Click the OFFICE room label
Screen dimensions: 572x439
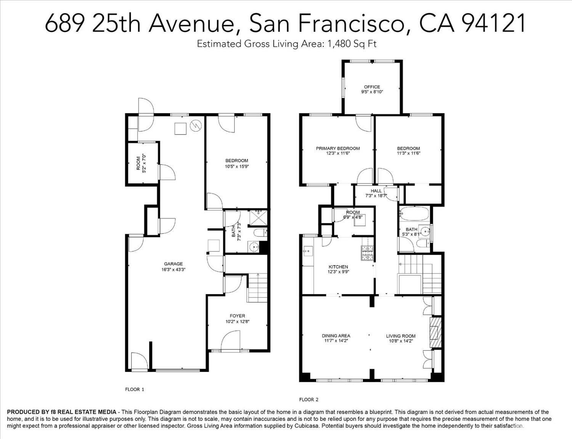point(372,87)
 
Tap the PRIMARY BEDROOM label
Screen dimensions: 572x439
point(338,148)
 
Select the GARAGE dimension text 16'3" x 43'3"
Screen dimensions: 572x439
point(174,270)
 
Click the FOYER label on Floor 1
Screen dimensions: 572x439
point(237,316)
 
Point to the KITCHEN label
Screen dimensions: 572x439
point(338,267)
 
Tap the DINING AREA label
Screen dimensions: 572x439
point(336,336)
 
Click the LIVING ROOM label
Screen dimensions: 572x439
point(401,336)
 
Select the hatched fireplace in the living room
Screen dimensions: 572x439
point(435,333)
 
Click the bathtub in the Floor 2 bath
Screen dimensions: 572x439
point(415,214)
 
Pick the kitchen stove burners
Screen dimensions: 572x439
point(368,253)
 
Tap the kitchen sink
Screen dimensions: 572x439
point(307,251)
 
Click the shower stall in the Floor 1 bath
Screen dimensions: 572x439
point(258,218)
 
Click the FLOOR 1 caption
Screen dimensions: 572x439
point(135,389)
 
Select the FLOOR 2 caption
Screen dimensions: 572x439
point(309,399)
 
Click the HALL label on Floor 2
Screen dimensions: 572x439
point(376,191)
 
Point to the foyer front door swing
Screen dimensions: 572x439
point(231,341)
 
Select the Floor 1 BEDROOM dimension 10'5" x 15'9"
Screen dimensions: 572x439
point(237,166)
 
